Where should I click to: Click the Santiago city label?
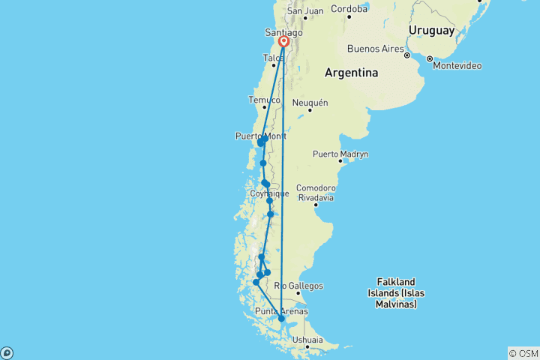click(x=283, y=33)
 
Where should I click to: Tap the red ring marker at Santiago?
click(x=284, y=43)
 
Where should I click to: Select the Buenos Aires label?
click(x=375, y=49)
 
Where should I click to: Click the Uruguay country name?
click(x=431, y=31)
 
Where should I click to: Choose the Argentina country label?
click(x=351, y=73)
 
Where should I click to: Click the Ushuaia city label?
click(x=308, y=340)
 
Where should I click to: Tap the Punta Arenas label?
click(x=281, y=311)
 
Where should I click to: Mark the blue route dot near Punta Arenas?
click(x=281, y=319)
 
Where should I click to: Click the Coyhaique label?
click(x=268, y=193)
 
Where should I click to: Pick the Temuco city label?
click(x=264, y=100)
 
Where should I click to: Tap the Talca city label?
click(x=273, y=58)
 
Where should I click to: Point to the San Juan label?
click(x=305, y=10)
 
